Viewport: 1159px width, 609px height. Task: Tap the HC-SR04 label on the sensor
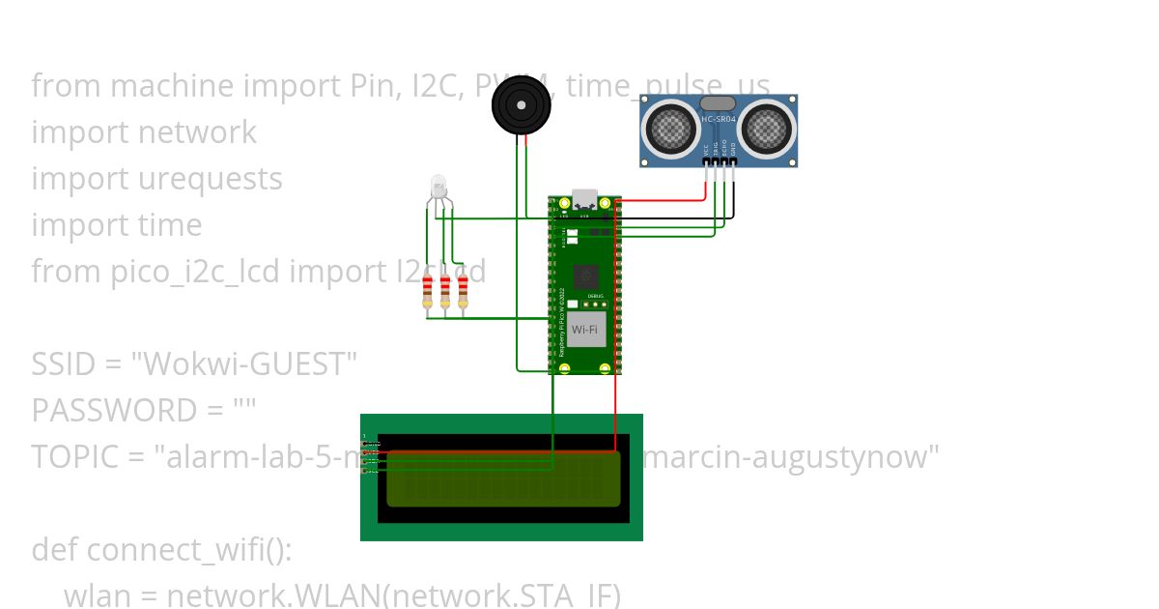[x=719, y=119]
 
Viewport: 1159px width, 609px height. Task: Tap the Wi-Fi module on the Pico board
[x=585, y=330]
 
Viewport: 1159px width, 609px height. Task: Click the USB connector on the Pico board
[x=585, y=198]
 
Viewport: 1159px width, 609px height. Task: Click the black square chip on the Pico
[x=585, y=277]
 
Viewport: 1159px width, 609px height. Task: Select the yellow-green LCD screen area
[x=503, y=478]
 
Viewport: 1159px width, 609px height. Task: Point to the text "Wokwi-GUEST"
[x=243, y=364]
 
